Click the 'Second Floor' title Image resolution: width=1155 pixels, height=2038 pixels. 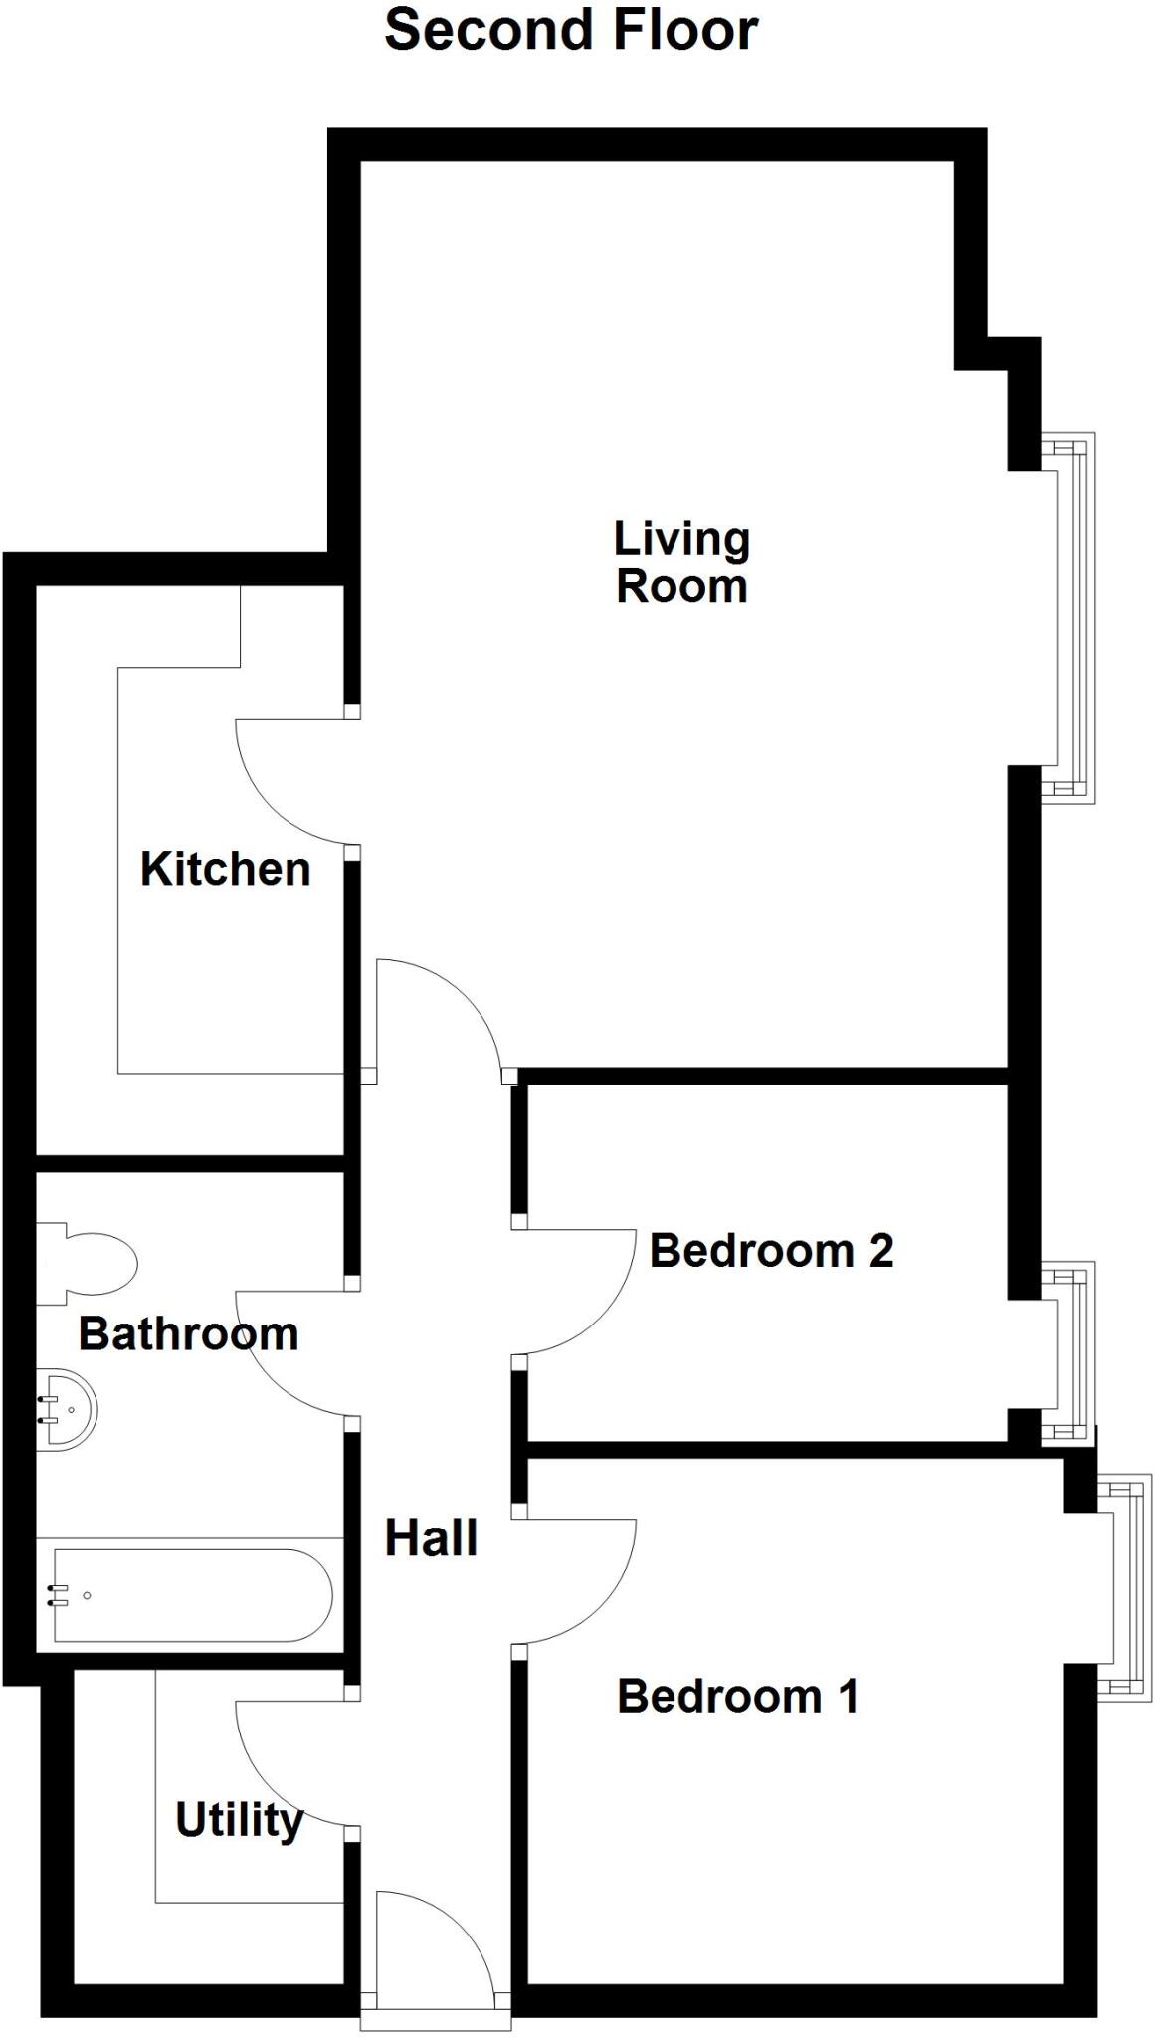click(571, 30)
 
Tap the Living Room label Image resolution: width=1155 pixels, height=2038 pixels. click(681, 562)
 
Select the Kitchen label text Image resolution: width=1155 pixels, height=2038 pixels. click(226, 869)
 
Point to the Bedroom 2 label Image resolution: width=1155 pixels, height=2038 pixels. click(771, 1251)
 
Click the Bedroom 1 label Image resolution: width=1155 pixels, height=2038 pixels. click(737, 1696)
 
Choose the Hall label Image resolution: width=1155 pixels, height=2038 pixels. click(431, 1538)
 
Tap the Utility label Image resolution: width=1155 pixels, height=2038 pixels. click(239, 1820)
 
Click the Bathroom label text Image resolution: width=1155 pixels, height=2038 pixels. click(188, 1334)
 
